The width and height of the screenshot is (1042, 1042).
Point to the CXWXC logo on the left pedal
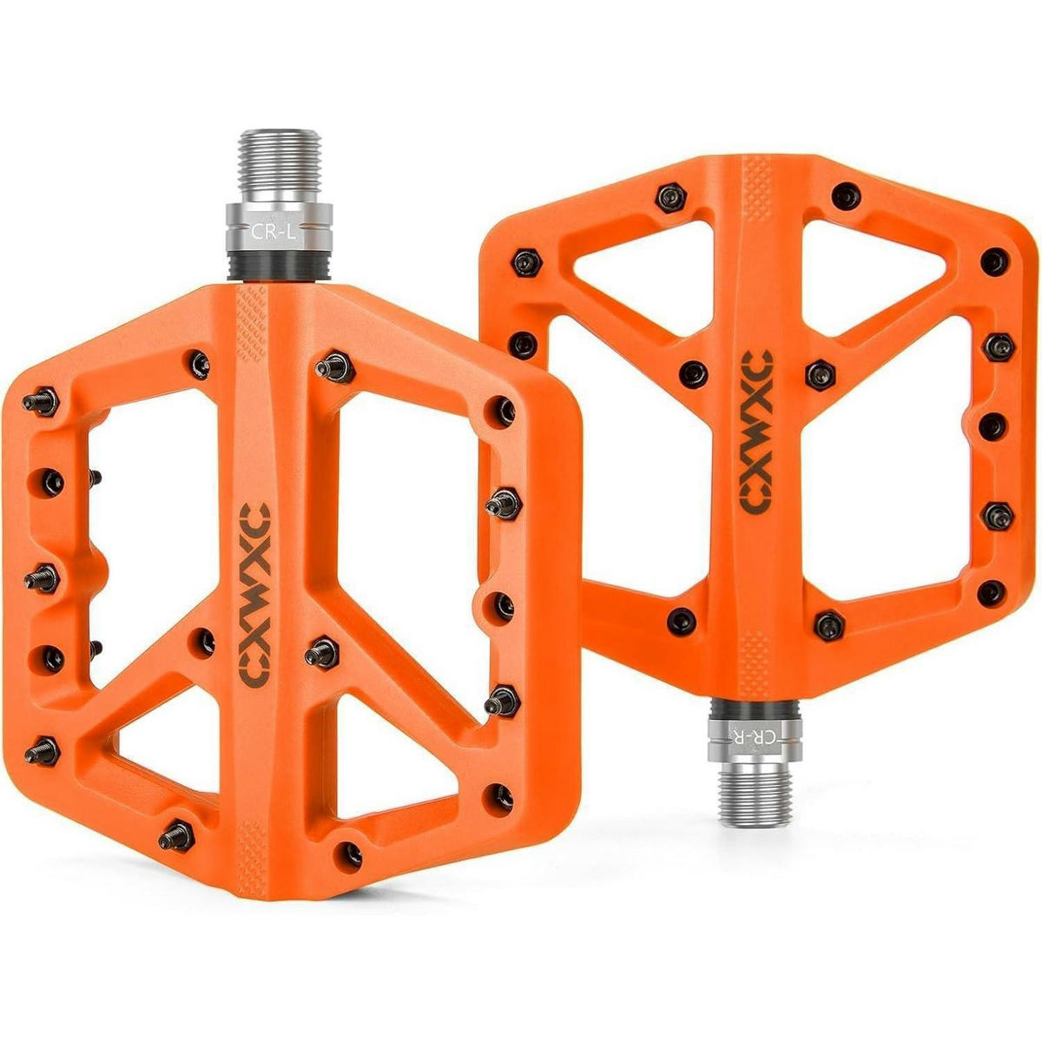coord(254,596)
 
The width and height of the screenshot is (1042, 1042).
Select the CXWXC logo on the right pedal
coord(756,432)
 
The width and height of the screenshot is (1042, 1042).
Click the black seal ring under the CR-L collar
coord(280,267)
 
